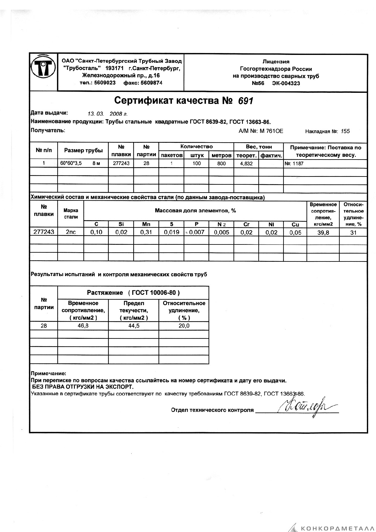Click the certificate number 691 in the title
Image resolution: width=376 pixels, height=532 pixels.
click(x=245, y=101)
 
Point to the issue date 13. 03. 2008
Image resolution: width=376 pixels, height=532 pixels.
click(x=107, y=114)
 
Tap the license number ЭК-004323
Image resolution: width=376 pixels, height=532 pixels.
click(x=286, y=83)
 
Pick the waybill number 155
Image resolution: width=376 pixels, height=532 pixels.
click(x=345, y=131)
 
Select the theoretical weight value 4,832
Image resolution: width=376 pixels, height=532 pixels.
click(x=246, y=163)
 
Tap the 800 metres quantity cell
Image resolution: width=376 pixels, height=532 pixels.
click(x=221, y=163)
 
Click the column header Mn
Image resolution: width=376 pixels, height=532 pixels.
click(x=146, y=224)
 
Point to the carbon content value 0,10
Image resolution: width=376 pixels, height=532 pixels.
click(x=96, y=232)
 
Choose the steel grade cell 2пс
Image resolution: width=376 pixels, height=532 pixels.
click(x=71, y=232)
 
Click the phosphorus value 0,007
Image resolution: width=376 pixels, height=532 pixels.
click(x=197, y=232)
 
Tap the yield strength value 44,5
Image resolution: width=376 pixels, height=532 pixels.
click(x=134, y=326)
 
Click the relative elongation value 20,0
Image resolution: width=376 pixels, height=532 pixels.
click(x=184, y=326)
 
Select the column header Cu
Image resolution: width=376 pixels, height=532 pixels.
click(x=295, y=224)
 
